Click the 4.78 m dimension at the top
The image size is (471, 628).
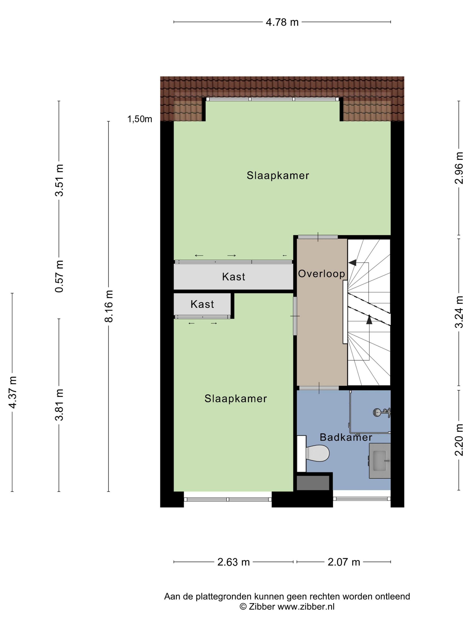[282, 22]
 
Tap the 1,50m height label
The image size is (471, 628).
[140, 119]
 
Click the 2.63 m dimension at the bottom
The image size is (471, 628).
[233, 562]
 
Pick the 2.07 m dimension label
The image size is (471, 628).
[344, 562]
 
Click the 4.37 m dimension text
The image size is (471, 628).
[13, 392]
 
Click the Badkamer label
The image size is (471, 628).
[346, 437]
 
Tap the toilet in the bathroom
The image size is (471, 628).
[316, 453]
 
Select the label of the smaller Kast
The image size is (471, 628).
[202, 304]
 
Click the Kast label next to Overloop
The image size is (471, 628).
[233, 277]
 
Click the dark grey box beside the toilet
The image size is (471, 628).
[313, 483]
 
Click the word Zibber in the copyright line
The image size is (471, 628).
[262, 607]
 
